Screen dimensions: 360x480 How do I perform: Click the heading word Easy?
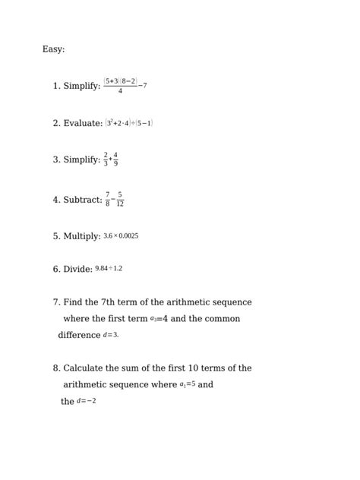point(53,49)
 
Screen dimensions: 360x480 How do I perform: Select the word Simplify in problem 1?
point(82,87)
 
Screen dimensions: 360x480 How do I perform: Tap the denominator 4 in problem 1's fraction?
point(120,92)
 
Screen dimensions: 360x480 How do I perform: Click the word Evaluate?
point(83,123)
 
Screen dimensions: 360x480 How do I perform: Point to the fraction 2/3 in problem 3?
point(106,159)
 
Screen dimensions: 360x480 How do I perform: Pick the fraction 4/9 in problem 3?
point(115,159)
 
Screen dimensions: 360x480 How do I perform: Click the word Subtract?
point(83,201)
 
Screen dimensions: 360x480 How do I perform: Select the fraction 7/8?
point(108,200)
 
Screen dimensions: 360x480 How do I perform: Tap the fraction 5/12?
point(120,200)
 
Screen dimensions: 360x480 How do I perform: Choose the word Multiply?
point(82,237)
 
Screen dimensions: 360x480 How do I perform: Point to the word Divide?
point(77,270)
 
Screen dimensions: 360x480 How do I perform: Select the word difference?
point(79,335)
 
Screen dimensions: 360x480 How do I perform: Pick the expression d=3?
point(111,335)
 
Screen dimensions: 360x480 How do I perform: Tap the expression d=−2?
point(87,402)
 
